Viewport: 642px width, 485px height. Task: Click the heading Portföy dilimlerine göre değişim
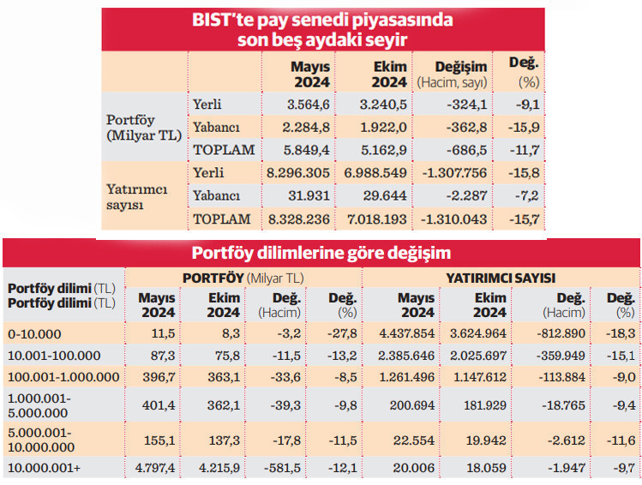321,254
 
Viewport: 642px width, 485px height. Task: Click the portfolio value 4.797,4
156,468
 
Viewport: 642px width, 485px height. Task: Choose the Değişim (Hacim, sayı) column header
453,74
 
